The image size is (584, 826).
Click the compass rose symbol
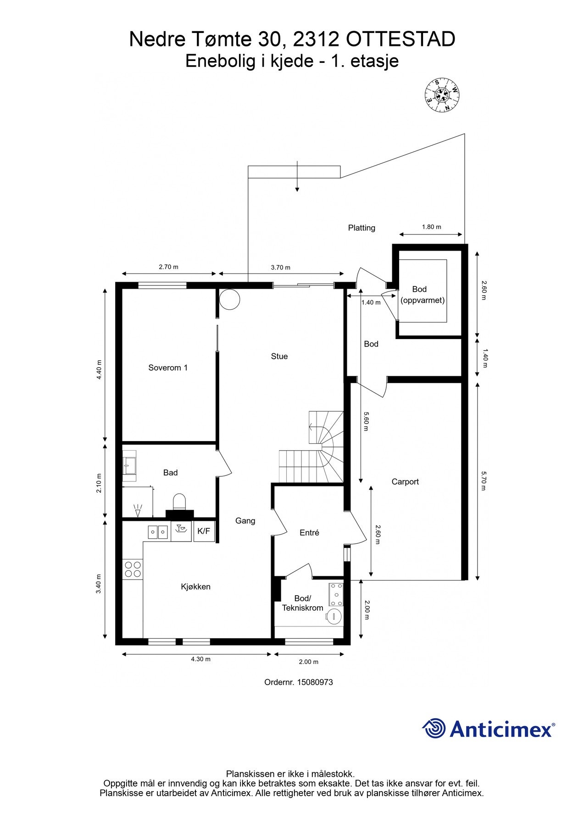point(442,95)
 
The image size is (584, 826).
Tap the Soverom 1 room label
point(168,368)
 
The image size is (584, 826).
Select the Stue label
point(279,356)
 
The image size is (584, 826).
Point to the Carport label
point(405,481)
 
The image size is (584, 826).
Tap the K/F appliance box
point(204,531)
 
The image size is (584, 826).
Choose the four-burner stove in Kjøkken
point(133,569)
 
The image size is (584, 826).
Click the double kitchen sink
point(158,532)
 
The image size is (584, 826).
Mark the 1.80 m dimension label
point(431,227)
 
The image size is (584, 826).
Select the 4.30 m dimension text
point(201,659)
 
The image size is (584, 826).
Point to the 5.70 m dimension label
point(483,480)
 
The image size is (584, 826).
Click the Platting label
point(362,228)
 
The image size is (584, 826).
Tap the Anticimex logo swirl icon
point(434,729)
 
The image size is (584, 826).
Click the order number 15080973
point(315,682)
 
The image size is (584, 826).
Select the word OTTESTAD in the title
point(400,39)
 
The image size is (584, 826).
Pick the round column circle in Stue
point(229,299)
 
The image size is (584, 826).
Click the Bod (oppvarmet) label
point(423,295)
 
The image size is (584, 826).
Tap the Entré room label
point(309,532)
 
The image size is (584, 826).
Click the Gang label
point(245,521)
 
